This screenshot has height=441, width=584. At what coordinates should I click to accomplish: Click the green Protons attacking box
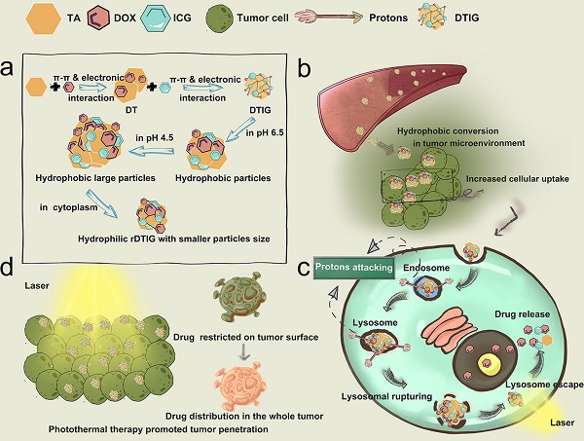click(353, 265)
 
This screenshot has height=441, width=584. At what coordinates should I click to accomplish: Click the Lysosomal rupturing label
click(382, 397)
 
